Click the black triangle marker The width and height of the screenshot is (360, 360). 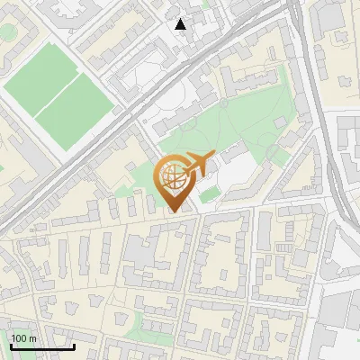(x=181, y=24)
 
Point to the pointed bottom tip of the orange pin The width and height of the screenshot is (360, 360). (x=175, y=211)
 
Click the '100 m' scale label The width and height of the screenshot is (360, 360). (x=23, y=338)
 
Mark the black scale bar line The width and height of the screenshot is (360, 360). (x=41, y=346)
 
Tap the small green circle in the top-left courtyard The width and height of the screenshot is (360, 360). (x=7, y=31)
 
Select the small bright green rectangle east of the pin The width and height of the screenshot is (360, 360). (x=210, y=193)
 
